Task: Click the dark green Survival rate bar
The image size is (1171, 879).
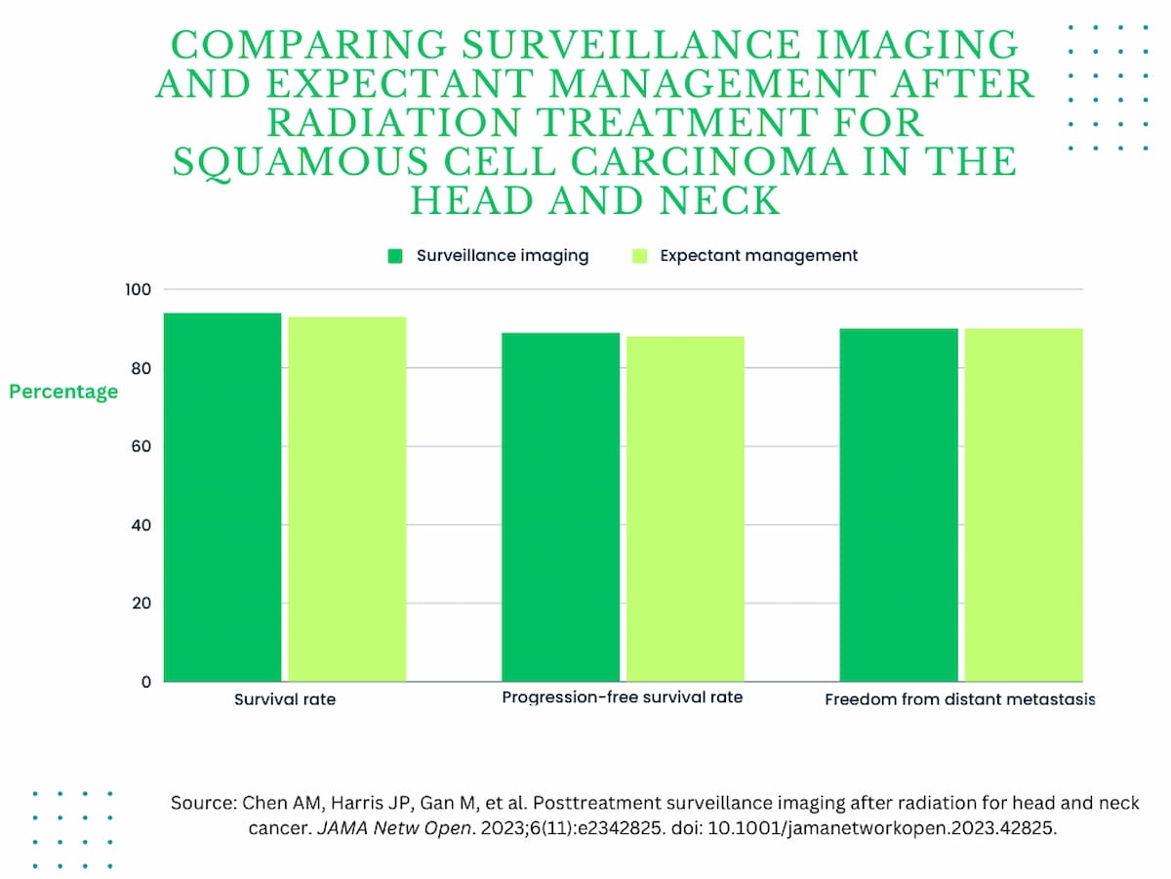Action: [222, 497]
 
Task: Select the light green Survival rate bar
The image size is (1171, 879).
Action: [347, 499]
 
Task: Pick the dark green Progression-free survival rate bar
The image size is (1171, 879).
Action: [560, 507]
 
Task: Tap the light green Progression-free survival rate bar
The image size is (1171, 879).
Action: [685, 509]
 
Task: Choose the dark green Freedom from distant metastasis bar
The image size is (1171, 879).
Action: [899, 505]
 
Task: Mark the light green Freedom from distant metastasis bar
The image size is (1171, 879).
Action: [1024, 505]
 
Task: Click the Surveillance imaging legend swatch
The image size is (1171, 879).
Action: [395, 256]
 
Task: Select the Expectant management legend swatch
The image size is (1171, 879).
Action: [640, 256]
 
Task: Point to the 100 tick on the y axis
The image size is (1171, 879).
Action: [138, 290]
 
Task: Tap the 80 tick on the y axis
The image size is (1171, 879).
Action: [141, 368]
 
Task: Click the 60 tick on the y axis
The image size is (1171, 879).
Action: [141, 446]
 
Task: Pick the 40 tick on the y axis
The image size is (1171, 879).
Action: [141, 524]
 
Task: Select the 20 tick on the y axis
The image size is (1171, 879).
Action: [141, 603]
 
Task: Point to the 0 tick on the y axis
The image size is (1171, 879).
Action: [146, 682]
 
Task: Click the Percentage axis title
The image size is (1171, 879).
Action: [63, 392]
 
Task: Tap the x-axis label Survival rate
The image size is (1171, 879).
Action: [285, 700]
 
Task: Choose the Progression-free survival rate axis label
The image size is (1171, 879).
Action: [623, 697]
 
